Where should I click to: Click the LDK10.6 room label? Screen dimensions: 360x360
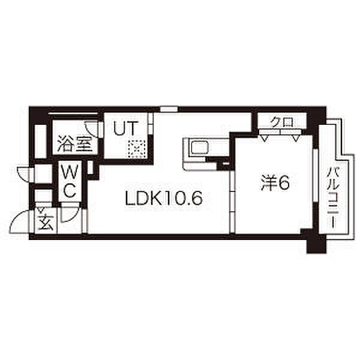tap(162, 197)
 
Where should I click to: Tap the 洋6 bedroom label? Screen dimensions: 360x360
tap(275, 182)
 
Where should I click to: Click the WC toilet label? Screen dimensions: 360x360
tap(69, 182)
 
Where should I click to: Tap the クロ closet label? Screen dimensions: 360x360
tap(281, 122)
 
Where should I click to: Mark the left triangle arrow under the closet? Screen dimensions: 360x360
tap(264, 137)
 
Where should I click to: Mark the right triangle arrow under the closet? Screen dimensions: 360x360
tap(296, 137)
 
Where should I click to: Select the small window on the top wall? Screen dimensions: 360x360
tap(169, 109)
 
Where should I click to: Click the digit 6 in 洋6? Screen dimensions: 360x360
tap(284, 182)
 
